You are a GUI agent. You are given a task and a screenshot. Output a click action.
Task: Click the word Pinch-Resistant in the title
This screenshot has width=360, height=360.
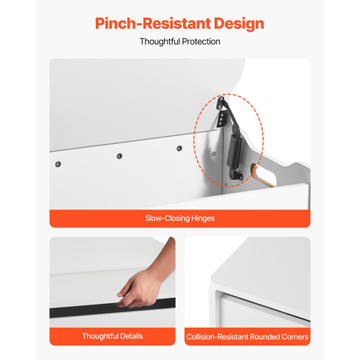(153, 24)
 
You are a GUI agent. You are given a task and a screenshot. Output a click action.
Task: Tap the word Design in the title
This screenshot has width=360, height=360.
(239, 24)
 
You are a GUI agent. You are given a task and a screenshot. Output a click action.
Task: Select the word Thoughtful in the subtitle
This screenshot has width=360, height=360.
(160, 42)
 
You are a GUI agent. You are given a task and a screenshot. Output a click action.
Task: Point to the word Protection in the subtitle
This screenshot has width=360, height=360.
(201, 42)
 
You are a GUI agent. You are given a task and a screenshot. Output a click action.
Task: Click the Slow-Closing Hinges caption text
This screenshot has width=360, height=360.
(180, 218)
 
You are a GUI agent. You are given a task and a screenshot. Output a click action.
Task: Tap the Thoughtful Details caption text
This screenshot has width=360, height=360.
(112, 336)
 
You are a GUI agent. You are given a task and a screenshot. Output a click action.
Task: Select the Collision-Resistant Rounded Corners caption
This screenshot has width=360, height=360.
(248, 337)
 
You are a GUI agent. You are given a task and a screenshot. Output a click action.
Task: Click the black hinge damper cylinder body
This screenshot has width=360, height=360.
(235, 150)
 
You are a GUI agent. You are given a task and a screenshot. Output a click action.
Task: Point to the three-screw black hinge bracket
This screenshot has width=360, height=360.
(222, 119)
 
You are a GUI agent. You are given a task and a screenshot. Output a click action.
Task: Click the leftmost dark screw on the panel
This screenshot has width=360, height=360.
(58, 164)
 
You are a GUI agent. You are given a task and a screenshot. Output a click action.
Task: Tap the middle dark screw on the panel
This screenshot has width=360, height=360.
(120, 156)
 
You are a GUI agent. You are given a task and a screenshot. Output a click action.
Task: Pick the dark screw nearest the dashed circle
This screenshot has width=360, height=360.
(179, 148)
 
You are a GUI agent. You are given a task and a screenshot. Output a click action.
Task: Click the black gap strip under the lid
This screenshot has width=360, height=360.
(112, 308)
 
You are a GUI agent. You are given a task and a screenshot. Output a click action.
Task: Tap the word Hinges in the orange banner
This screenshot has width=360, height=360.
(203, 219)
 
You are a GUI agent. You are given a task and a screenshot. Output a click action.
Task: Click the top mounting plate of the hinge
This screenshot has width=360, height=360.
(221, 103)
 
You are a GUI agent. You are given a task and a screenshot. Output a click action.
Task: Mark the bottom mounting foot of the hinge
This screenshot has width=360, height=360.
(236, 176)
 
